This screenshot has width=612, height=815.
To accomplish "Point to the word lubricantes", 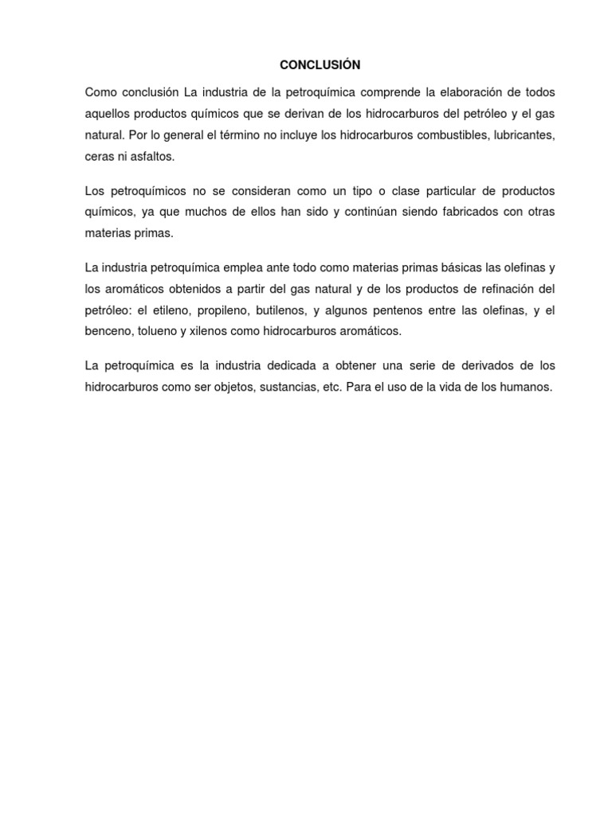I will click(x=522, y=135).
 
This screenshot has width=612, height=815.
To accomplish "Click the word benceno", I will click(x=108, y=331).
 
